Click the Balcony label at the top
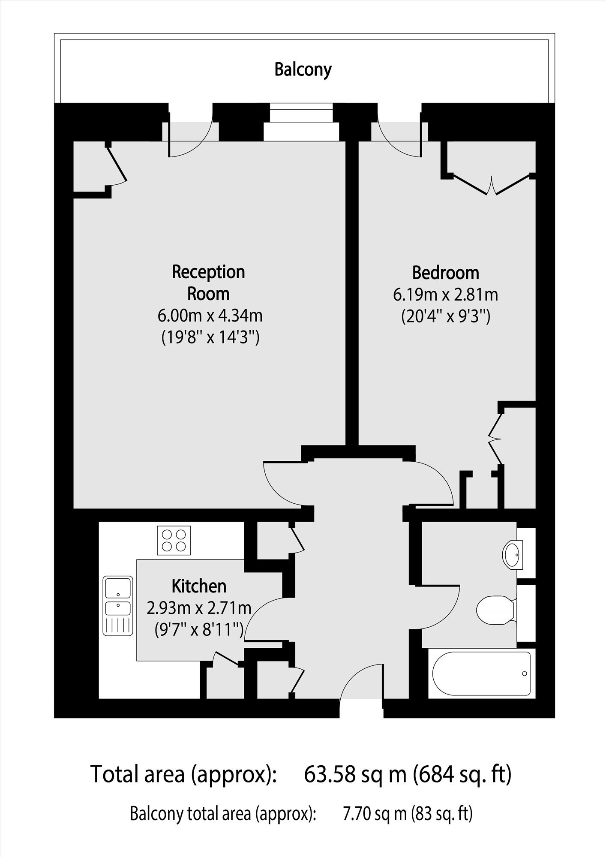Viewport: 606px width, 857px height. click(303, 69)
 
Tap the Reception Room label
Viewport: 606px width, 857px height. click(208, 283)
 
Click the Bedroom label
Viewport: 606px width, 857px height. click(446, 273)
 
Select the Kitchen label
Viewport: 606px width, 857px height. click(199, 586)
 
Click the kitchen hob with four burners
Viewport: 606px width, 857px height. click(174, 540)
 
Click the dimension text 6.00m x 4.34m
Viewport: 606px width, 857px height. click(210, 316)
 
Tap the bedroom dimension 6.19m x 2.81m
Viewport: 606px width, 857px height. click(446, 295)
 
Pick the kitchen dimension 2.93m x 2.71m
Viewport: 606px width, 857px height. click(199, 608)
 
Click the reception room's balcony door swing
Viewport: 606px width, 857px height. click(191, 135)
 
